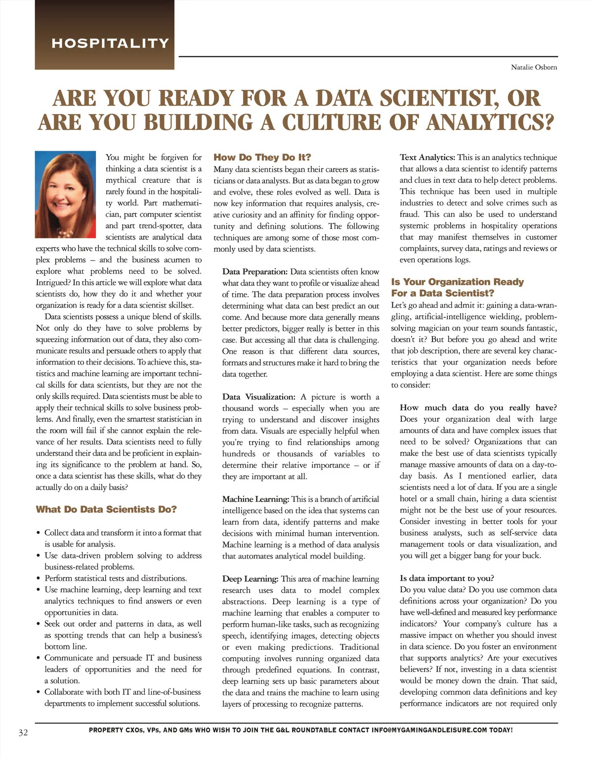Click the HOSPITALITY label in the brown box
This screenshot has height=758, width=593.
110,43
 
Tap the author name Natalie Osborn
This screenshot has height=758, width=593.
534,67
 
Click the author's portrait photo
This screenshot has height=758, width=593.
66,194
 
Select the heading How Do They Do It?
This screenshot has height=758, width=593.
262,158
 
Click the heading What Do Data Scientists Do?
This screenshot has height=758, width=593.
106,509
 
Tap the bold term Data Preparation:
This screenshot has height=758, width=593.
254,272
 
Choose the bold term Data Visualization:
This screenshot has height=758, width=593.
259,397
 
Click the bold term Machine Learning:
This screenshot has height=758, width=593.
255,499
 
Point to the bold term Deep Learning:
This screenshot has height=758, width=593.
250,579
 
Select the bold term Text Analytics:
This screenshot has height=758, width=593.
427,158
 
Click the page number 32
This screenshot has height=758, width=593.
23,732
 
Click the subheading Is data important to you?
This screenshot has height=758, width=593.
447,578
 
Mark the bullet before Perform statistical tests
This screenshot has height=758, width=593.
38,578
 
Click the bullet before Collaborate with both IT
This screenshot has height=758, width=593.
38,692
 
